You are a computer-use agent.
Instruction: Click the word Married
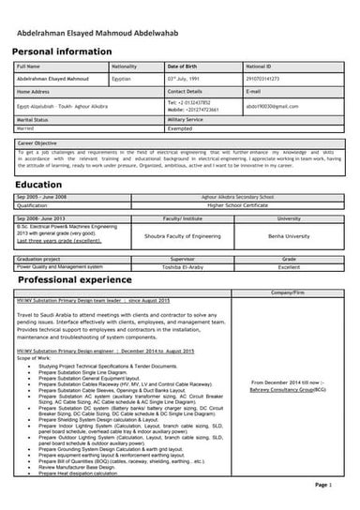click(x=28, y=129)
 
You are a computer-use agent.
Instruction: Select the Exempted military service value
click(x=183, y=129)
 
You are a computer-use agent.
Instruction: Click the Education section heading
click(x=38, y=186)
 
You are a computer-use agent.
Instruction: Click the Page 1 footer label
click(x=322, y=486)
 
